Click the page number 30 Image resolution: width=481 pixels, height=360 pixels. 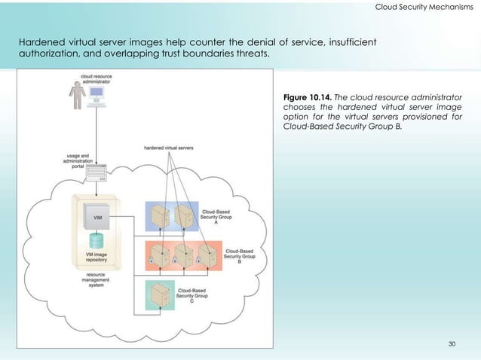click(x=452, y=344)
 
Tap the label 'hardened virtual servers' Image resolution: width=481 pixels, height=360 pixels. click(x=169, y=148)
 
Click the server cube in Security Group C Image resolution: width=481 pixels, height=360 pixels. click(x=159, y=294)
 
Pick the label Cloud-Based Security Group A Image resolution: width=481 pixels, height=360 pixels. click(x=216, y=217)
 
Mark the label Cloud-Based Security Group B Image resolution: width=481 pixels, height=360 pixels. click(x=240, y=256)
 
